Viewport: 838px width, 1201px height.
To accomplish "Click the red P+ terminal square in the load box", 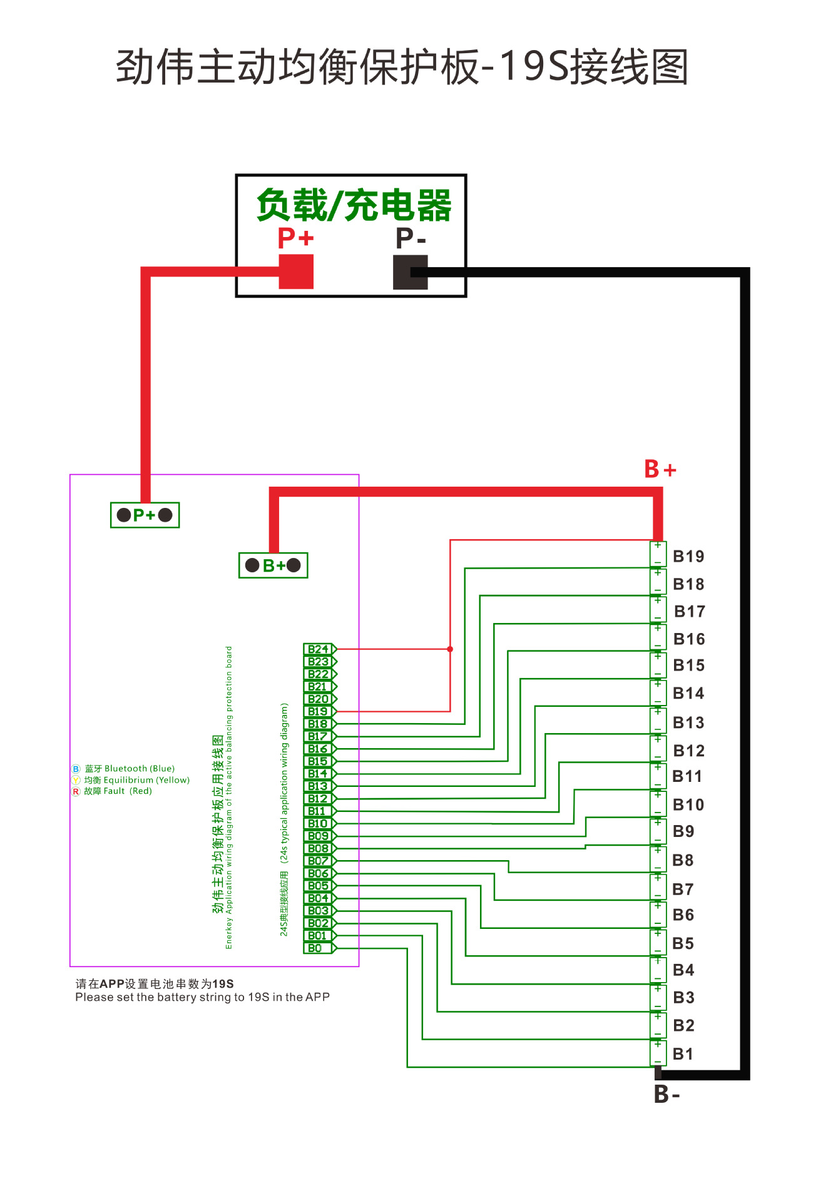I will point(295,271).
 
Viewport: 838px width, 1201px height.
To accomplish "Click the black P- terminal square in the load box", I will point(410,272).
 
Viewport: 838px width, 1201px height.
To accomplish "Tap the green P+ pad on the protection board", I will point(145,515).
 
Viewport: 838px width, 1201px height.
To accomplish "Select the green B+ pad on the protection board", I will point(273,565).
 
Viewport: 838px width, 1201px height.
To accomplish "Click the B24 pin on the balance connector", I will point(319,649).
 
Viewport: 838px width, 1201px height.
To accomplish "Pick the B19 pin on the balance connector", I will point(319,711).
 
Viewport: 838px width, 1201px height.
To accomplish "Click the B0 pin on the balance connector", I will point(316,948).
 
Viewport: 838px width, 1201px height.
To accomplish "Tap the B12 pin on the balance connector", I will point(319,799).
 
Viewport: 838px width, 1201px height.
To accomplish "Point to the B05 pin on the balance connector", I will point(319,886).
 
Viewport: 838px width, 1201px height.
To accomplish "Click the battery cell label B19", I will point(688,557).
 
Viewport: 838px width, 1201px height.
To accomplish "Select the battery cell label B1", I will point(683,1054).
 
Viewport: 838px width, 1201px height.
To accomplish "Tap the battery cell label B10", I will point(688,805).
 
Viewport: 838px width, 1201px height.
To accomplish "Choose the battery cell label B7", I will point(683,889).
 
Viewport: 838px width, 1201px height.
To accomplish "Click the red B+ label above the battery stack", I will point(660,469).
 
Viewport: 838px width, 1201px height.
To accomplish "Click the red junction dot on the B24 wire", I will point(450,649).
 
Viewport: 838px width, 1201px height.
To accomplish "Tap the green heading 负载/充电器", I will point(354,205).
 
